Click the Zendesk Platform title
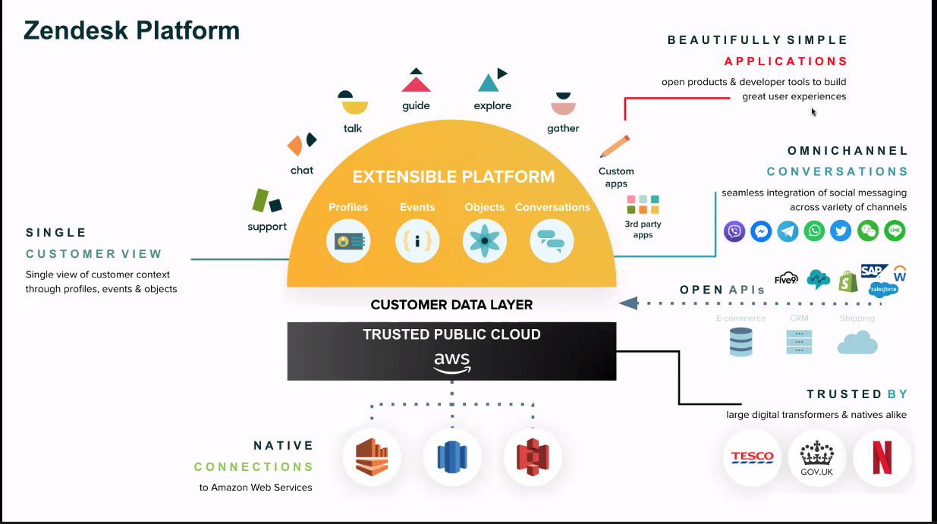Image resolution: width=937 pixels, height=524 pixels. [132, 30]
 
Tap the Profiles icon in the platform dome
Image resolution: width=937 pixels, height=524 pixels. [349, 241]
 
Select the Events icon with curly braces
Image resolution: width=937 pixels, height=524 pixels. [417, 241]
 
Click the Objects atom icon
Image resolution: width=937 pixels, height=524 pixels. [484, 241]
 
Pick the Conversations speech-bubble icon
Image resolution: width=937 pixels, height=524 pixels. [552, 241]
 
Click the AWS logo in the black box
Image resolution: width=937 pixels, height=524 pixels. [452, 362]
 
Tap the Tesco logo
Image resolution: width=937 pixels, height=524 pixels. [752, 457]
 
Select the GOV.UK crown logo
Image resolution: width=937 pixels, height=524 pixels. [817, 457]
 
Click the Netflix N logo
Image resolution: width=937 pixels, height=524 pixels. [882, 457]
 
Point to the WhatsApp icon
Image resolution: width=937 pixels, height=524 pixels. [815, 231]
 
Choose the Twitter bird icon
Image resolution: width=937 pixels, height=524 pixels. [841, 231]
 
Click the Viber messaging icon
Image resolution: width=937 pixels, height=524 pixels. [734, 231]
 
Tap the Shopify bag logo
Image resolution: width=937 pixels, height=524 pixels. [847, 282]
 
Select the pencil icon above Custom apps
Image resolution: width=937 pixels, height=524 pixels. [615, 146]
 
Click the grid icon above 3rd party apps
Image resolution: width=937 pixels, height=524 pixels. [643, 205]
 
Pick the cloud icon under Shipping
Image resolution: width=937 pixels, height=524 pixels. [857, 342]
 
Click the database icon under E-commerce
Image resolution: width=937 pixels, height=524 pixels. [740, 342]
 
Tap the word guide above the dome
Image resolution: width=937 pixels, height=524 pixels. [416, 106]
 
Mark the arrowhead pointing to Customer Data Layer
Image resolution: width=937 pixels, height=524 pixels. [627, 303]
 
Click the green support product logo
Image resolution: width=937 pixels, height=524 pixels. [267, 202]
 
